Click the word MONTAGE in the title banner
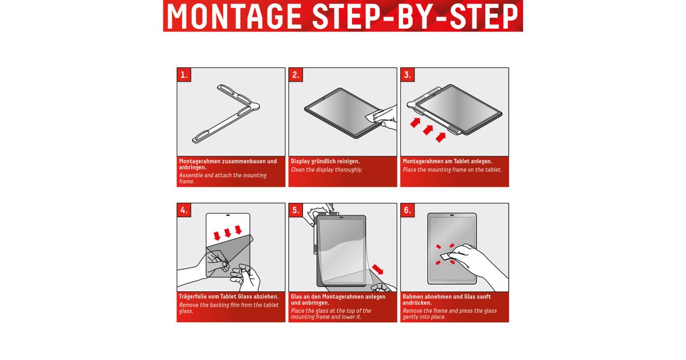[234, 17]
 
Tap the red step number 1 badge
[184, 75]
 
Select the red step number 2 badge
[296, 75]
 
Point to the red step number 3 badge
[407, 75]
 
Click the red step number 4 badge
[184, 210]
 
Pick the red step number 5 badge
[296, 210]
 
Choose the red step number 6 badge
[407, 210]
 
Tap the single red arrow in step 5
[378, 269]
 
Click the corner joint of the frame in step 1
[254, 106]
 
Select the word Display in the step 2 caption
[300, 161]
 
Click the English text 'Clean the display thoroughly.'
[326, 170]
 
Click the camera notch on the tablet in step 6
[452, 215]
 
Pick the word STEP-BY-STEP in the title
[415, 17]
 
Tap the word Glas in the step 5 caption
[297, 297]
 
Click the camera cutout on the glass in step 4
[228, 215]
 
